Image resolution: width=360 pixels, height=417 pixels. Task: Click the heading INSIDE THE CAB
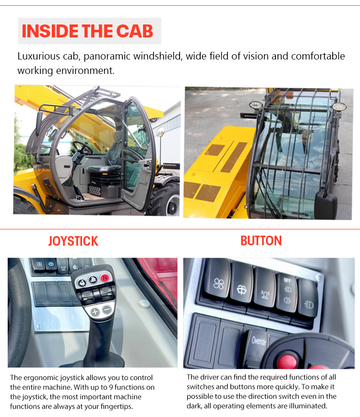[87, 31]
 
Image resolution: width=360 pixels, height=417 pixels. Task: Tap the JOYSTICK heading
[73, 241]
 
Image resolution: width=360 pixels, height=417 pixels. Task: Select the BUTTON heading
[261, 241]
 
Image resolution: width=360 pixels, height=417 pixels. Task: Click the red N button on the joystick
[105, 278]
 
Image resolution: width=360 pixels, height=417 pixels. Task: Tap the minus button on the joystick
[107, 310]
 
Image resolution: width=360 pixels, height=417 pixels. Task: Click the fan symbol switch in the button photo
[217, 279]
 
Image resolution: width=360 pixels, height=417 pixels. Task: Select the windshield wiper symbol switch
[241, 284]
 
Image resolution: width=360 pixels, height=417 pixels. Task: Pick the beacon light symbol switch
[265, 288]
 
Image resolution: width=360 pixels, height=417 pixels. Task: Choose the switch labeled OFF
[287, 293]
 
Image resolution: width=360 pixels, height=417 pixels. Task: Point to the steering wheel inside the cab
[82, 148]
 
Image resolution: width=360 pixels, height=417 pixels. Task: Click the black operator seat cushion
[104, 169]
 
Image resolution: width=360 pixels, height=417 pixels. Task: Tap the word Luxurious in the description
[39, 56]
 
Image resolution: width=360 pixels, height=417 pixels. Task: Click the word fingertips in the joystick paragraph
[116, 406]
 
